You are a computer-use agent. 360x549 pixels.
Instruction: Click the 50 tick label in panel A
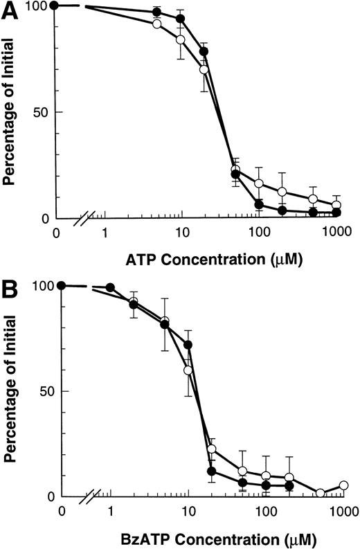point(42,112)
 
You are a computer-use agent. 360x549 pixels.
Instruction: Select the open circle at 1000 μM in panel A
point(336,205)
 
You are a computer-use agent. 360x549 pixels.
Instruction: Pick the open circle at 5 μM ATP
point(156,24)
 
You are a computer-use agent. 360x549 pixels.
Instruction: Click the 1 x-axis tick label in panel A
point(105,234)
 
